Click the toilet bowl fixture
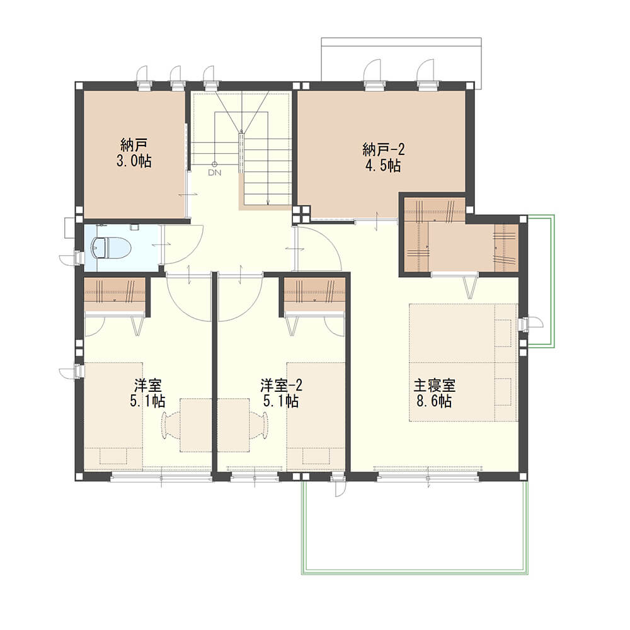tap(110, 247)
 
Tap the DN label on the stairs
tap(215, 173)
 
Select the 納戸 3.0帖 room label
tap(134, 152)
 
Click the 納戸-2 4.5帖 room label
tap(383, 157)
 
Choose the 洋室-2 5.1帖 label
tap(281, 393)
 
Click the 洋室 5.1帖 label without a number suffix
tap(147, 393)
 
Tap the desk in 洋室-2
tap(234, 425)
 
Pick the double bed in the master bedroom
tap(463, 362)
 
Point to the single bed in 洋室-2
tap(316, 416)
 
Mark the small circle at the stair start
tap(215, 164)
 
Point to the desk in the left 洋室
tap(196, 425)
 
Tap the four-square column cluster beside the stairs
tap(302, 214)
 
